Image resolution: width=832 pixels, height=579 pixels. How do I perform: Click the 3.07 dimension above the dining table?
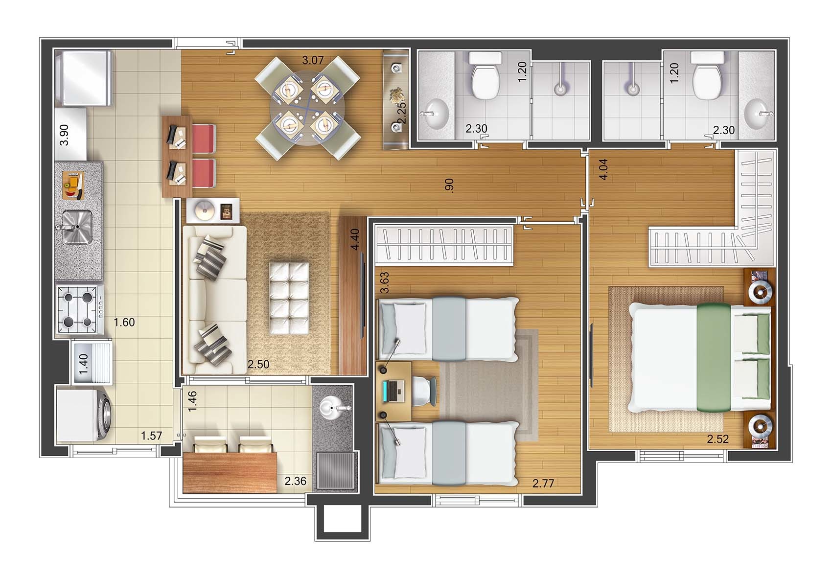click(313, 60)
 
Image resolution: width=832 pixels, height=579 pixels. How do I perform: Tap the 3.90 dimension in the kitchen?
click(64, 135)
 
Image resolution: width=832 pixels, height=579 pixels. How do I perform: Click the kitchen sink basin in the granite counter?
click(77, 227)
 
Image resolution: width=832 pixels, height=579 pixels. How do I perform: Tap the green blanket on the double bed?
click(714, 357)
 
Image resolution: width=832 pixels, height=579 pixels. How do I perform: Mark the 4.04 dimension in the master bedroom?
click(603, 169)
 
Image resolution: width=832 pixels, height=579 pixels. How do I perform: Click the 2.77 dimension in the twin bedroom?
click(543, 483)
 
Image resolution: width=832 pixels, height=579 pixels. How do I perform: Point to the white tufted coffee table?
click(289, 298)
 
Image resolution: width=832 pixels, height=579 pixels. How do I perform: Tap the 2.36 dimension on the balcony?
click(295, 481)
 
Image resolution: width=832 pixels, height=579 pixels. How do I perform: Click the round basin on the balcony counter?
click(332, 408)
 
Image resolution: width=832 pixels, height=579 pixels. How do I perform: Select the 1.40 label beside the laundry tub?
click(84, 364)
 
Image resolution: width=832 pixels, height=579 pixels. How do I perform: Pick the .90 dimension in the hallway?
click(449, 185)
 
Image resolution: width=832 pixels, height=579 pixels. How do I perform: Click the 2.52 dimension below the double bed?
click(717, 439)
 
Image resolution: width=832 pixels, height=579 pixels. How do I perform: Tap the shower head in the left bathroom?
click(561, 89)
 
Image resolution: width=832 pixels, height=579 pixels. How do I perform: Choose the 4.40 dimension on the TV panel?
click(355, 239)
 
